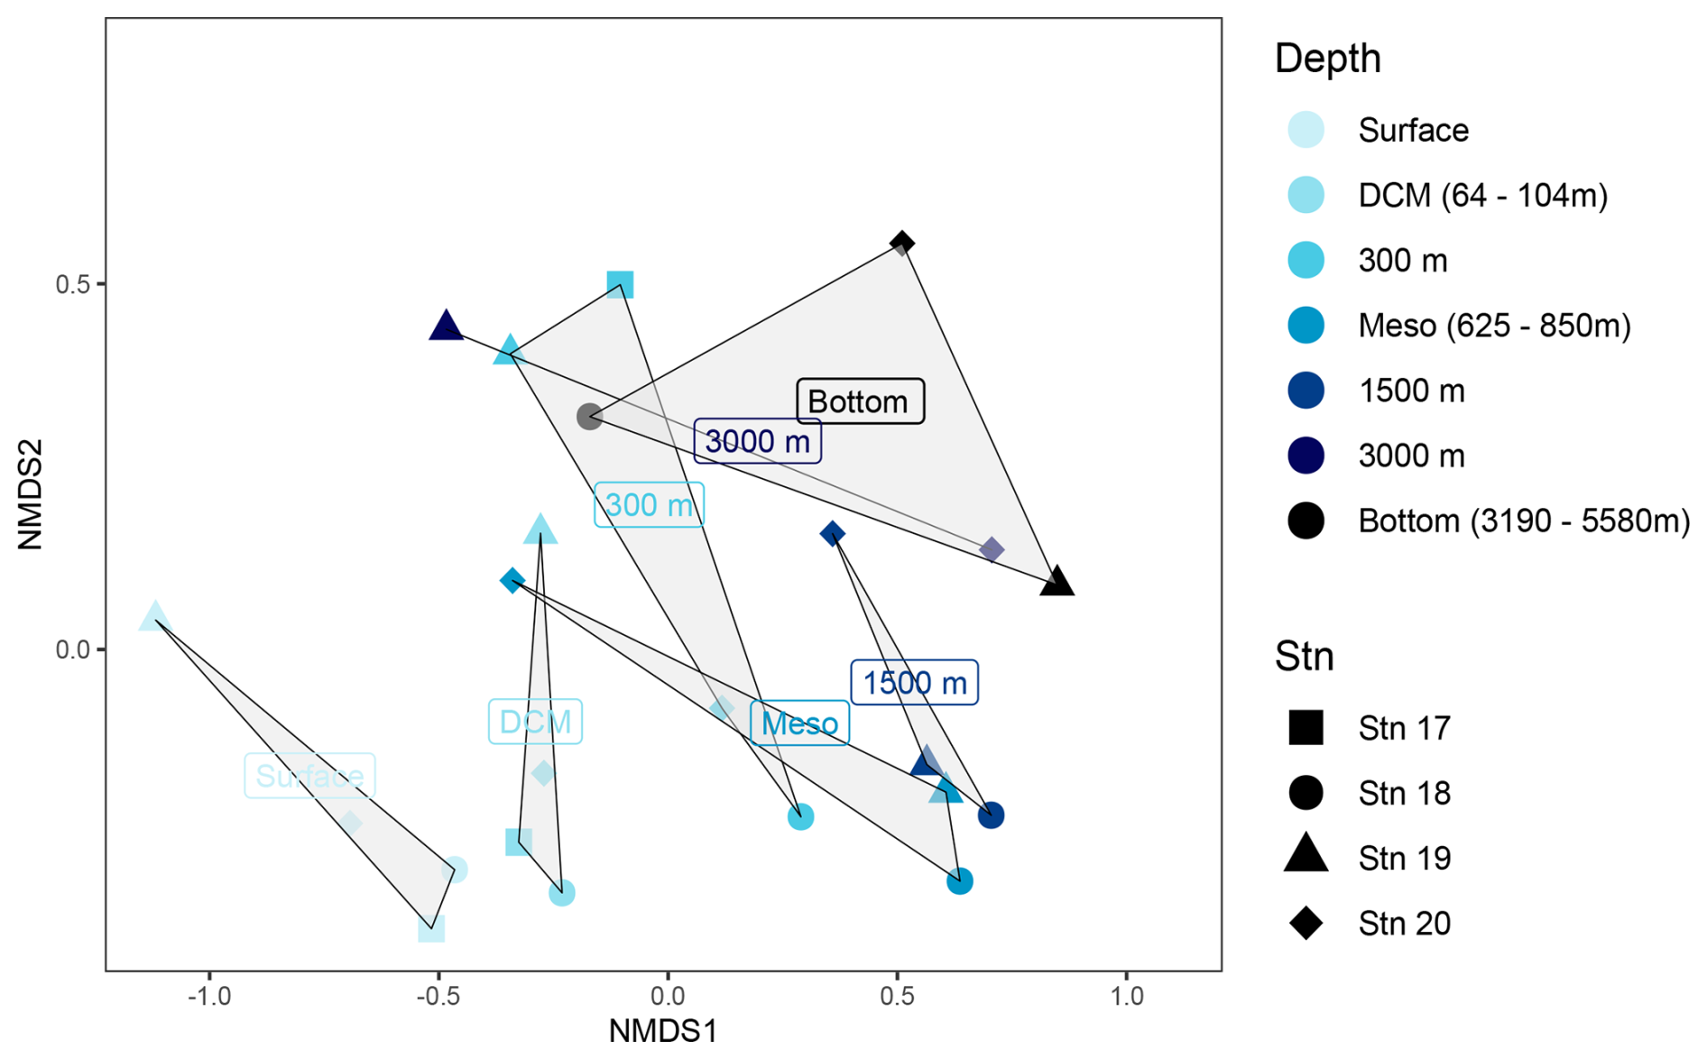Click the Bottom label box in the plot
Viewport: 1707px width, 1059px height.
tap(859, 401)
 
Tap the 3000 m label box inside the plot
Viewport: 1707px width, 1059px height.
tap(756, 442)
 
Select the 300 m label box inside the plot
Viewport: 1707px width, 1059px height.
tap(649, 505)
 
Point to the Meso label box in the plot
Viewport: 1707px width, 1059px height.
tap(799, 723)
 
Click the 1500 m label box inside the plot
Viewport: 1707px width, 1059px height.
tap(914, 683)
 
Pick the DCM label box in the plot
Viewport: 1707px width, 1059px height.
tap(535, 722)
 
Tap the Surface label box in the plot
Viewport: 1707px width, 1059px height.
tap(309, 776)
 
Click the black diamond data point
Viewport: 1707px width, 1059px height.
tap(901, 243)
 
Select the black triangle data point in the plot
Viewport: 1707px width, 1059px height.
tap(1056, 583)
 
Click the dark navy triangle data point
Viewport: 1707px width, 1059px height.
tap(446, 326)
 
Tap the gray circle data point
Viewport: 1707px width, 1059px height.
tap(589, 417)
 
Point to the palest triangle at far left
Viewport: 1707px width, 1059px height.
tap(155, 617)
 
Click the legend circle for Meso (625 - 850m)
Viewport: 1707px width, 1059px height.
tap(1306, 326)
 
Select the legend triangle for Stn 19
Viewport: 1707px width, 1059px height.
tap(1306, 855)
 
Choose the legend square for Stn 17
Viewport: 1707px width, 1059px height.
tap(1306, 727)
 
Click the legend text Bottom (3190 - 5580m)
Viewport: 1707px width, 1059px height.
tap(1523, 521)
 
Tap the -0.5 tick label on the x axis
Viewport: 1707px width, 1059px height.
tap(438, 997)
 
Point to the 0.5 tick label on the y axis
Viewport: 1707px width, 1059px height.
tap(72, 285)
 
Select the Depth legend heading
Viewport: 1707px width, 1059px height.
tap(1327, 59)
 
